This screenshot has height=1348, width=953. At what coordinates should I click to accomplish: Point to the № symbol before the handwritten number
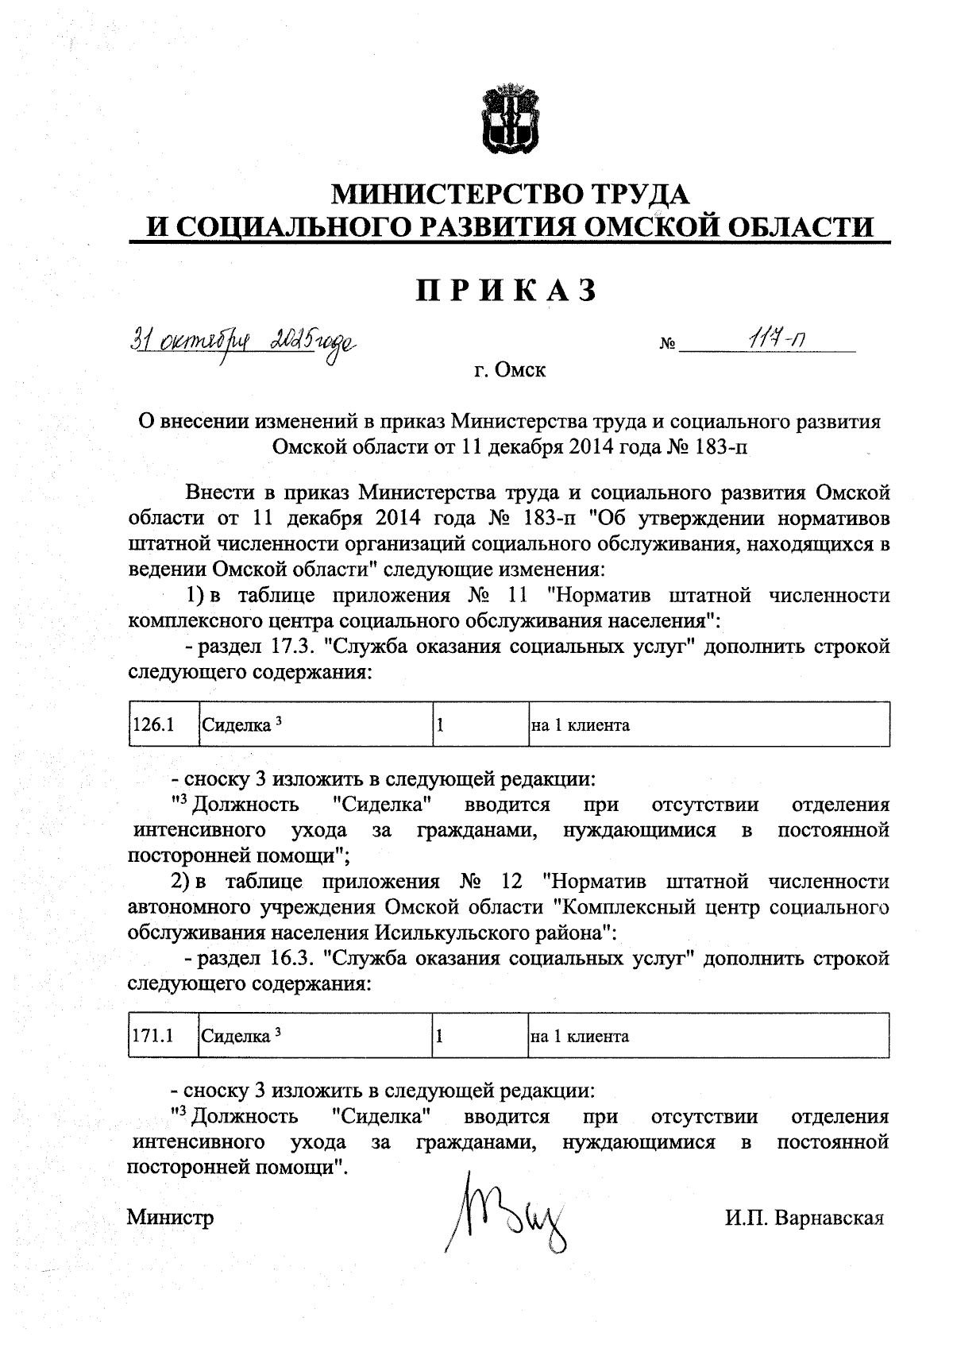667,346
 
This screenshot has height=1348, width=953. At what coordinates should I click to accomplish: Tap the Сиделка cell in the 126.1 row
314,724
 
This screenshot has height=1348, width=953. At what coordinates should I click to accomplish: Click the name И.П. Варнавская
804,1218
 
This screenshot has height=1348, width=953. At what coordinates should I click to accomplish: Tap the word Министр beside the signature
171,1218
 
